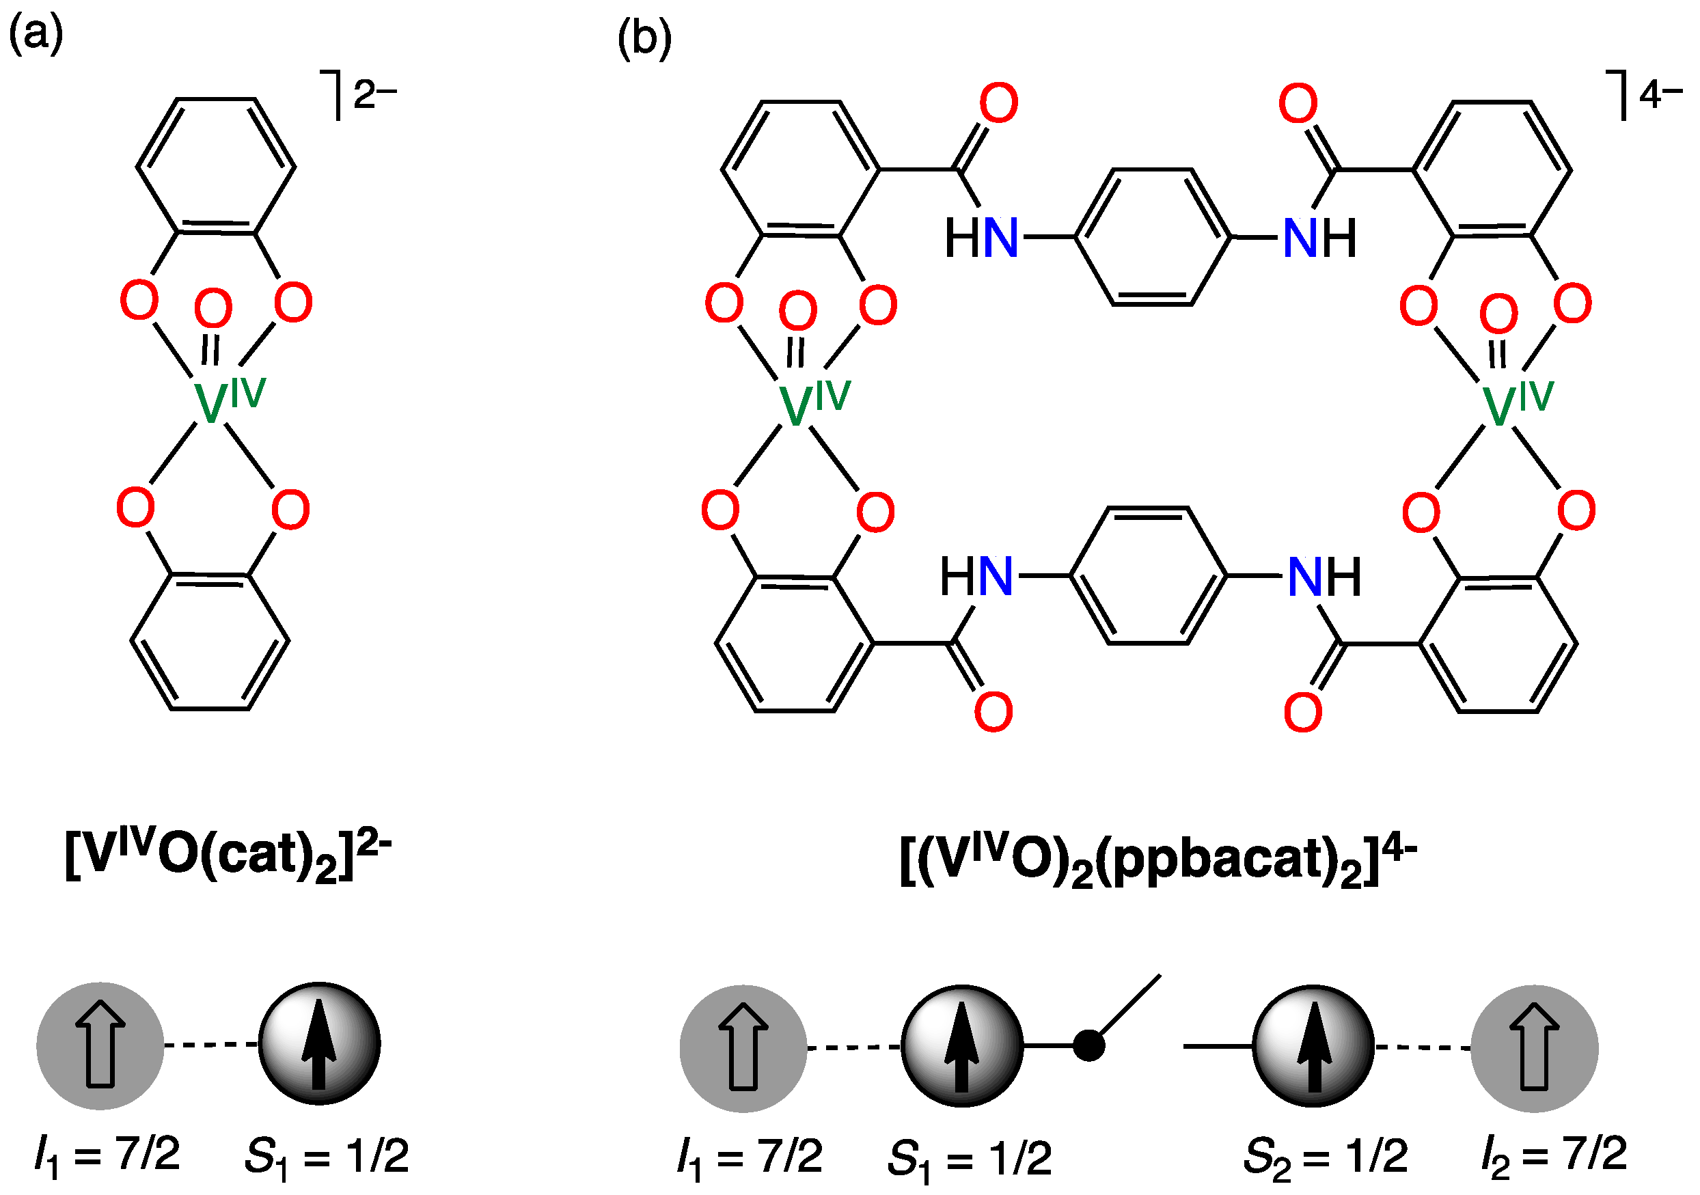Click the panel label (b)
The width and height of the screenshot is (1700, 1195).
tap(644, 38)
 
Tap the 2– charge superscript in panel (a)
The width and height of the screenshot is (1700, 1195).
tap(374, 95)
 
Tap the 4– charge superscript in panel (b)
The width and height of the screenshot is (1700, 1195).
tap(1659, 94)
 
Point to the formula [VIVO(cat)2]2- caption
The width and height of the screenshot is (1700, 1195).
tap(228, 853)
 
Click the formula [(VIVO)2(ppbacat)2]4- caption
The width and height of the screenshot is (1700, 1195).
tap(1157, 858)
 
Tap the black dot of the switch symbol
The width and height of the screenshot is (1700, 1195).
tap(1088, 1045)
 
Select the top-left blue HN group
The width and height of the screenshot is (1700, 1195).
tap(982, 238)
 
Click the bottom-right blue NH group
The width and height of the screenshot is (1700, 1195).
tap(1325, 577)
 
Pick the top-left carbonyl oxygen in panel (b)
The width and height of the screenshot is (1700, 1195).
tap(999, 103)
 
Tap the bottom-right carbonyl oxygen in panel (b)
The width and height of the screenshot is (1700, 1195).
tap(1303, 712)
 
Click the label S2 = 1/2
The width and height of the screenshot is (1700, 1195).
tap(1326, 1157)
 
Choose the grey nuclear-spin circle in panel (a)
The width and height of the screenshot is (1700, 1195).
tap(100, 1045)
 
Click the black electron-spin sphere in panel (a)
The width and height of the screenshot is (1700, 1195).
tap(319, 1044)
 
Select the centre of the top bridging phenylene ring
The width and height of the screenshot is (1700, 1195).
tap(1153, 237)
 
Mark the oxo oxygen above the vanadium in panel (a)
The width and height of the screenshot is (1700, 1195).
tap(213, 309)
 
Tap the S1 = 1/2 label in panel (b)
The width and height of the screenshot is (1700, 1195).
tap(969, 1158)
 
